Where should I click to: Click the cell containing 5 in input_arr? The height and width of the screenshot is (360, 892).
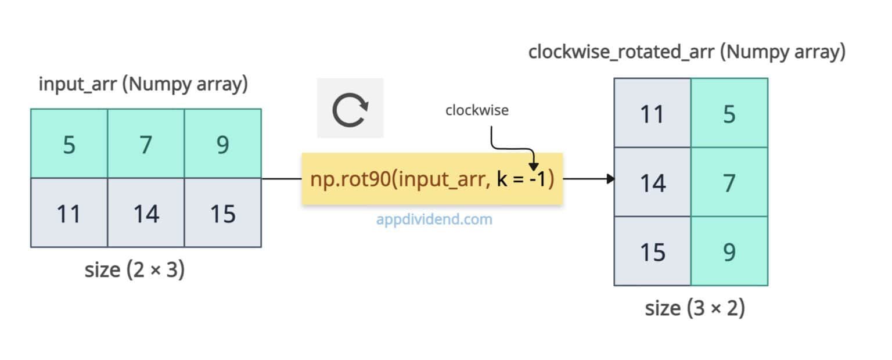point(69,143)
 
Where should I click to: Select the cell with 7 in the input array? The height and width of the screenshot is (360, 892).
point(146,143)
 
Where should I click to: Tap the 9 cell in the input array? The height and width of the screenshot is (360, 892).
point(222,143)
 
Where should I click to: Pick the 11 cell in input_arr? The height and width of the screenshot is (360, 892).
point(69,213)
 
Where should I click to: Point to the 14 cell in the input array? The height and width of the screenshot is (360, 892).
point(146,213)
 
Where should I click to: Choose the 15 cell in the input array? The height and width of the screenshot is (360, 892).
point(222,213)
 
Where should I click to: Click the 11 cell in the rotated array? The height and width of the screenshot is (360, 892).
point(652,113)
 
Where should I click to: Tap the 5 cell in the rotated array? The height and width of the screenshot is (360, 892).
point(729,113)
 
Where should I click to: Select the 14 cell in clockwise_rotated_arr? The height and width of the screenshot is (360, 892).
point(652,182)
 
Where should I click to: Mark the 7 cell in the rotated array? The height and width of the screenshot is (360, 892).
point(729,182)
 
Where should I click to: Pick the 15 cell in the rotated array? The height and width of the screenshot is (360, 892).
point(652,251)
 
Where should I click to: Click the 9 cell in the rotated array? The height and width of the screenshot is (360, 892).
point(729,251)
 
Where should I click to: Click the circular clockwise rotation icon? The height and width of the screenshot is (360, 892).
point(350,109)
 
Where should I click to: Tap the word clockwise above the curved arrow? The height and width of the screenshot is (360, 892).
point(476,110)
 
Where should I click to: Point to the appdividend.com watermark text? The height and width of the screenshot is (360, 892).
point(434,219)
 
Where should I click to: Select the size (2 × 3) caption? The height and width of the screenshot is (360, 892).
point(134,269)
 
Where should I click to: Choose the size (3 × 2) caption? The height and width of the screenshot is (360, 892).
point(695,308)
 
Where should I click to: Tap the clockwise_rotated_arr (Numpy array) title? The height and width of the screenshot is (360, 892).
point(686,52)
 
